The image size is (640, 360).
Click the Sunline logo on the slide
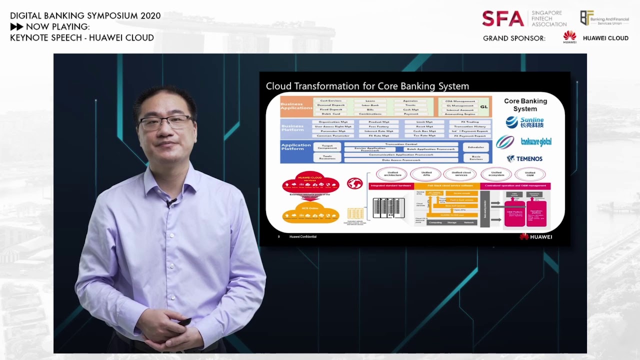click(524, 122)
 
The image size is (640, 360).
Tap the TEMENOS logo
click(524, 158)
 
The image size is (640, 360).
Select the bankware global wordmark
click(536, 142)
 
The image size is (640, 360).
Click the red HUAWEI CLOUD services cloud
click(310, 182)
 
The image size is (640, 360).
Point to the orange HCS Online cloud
click(310, 213)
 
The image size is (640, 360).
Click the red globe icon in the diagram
click(354, 183)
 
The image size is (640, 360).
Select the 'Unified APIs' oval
click(426, 174)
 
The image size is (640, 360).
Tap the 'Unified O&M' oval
click(530, 174)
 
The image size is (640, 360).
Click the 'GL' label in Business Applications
click(483, 106)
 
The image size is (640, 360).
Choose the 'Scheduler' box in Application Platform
click(475, 147)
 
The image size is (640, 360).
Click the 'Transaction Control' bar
click(401, 144)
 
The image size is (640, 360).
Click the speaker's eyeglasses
click(165, 121)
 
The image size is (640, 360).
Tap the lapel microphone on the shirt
click(172, 202)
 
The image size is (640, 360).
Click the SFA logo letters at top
click(502, 18)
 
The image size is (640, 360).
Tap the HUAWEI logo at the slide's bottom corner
click(536, 236)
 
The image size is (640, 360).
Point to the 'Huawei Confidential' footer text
click(302, 236)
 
